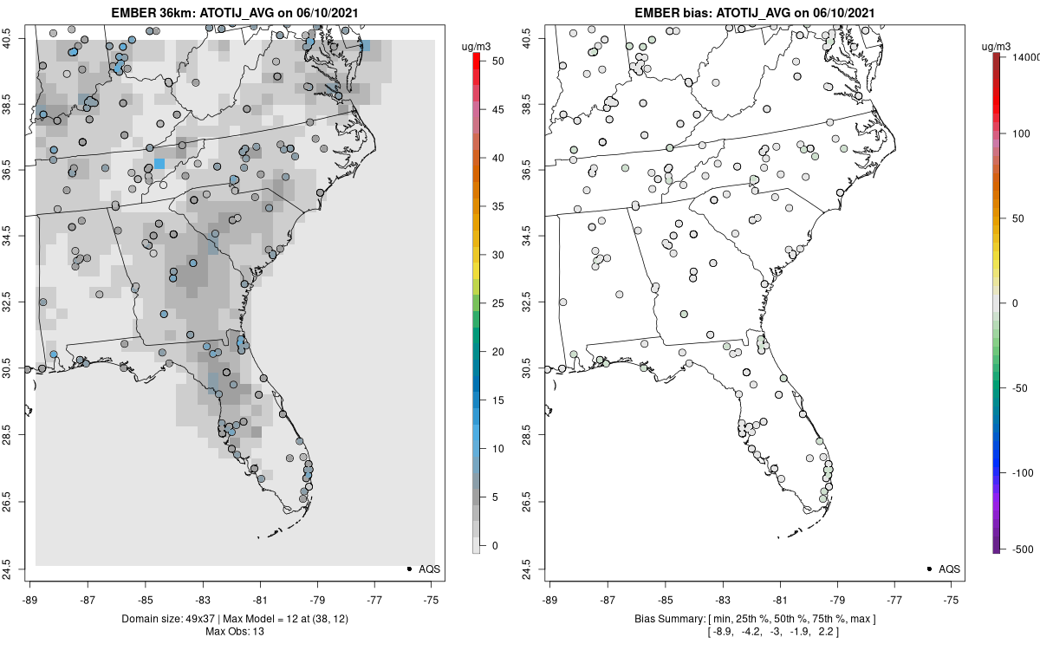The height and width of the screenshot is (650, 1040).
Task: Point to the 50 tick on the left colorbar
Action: [x=492, y=62]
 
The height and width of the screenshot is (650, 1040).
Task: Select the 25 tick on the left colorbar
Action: [x=492, y=303]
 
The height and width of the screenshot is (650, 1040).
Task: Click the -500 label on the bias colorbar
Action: [x=1023, y=549]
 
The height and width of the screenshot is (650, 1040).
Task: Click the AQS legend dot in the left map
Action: [x=408, y=569]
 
